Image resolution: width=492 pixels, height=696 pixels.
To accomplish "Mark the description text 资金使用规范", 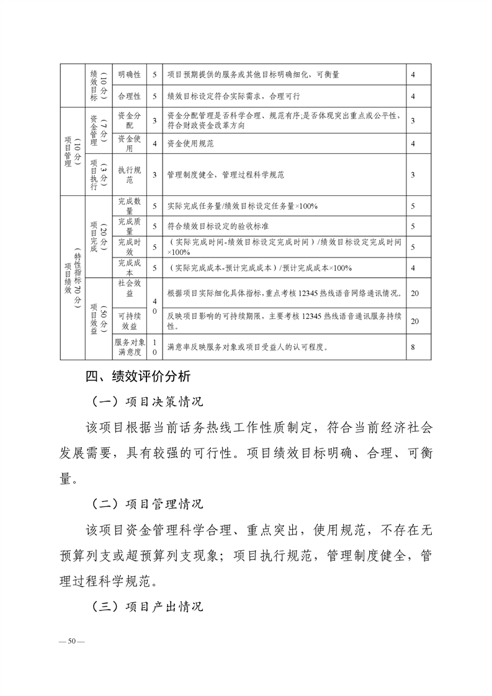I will click(x=190, y=143).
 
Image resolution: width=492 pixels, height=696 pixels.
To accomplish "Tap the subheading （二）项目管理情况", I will click(x=147, y=504).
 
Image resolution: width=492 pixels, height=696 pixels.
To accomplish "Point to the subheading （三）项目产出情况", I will click(x=147, y=606).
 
